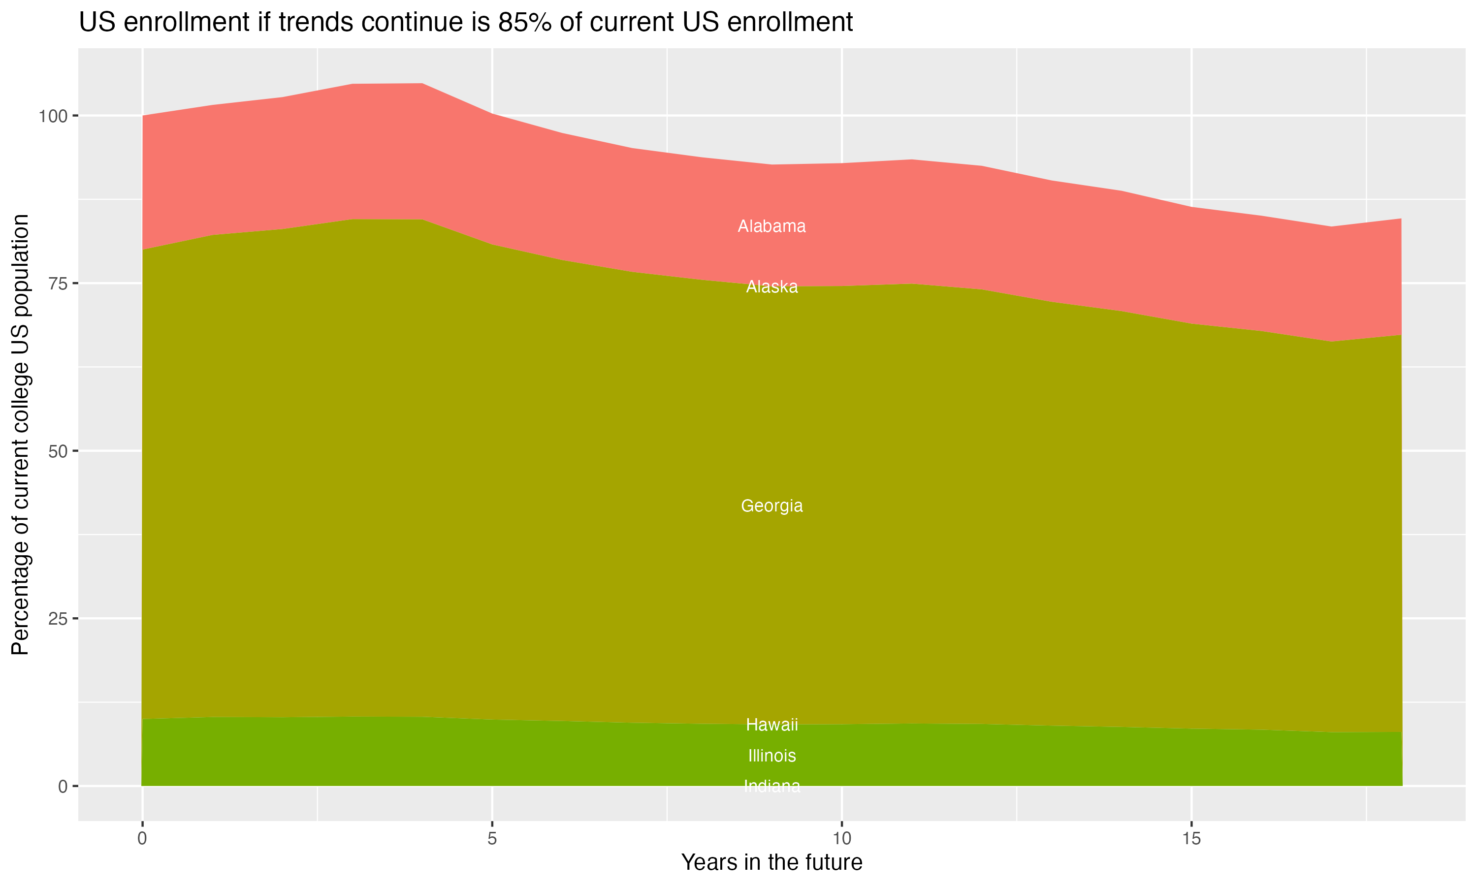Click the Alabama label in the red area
pyautogui.click(x=771, y=226)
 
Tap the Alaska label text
pyautogui.click(x=771, y=287)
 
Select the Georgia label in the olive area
pyautogui.click(x=771, y=506)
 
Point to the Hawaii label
pyautogui.click(x=771, y=725)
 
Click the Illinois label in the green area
pyautogui.click(x=771, y=756)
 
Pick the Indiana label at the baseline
pyautogui.click(x=771, y=786)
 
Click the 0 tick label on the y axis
pyautogui.click(x=63, y=787)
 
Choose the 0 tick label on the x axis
pyautogui.click(x=142, y=839)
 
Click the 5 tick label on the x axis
pyautogui.click(x=492, y=839)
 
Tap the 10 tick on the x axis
pyautogui.click(x=841, y=839)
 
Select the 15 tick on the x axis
pyautogui.click(x=1191, y=839)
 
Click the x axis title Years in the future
pyautogui.click(x=771, y=863)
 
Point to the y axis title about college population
pyautogui.click(x=20, y=434)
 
